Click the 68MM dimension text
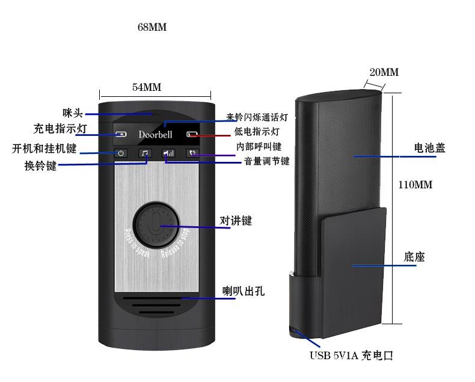point(152,28)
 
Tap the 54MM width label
point(147,87)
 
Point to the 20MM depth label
point(384,72)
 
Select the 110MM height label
point(415,185)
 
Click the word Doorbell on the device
point(155,134)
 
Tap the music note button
point(145,153)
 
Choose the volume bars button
point(168,153)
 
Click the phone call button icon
point(191,153)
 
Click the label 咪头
point(72,112)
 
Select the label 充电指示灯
point(60,129)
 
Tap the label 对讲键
point(236,221)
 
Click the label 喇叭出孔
point(244,292)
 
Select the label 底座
point(414,257)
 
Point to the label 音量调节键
point(266,161)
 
